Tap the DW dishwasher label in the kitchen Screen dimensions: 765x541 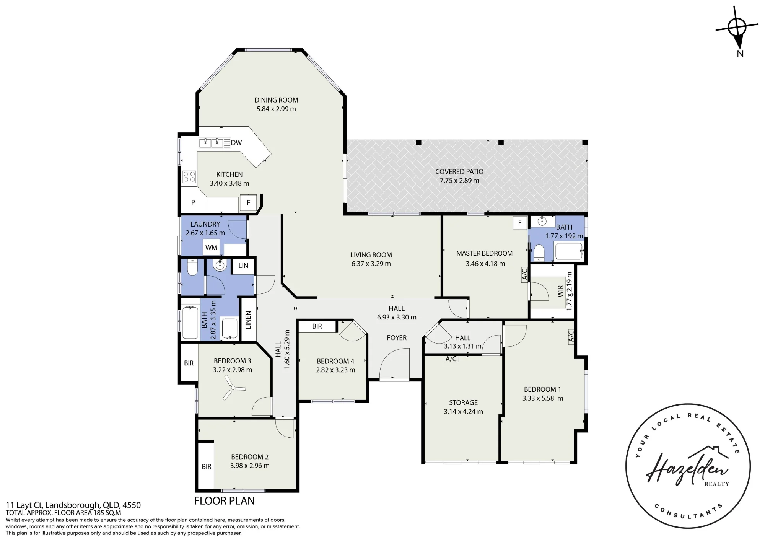tap(236, 143)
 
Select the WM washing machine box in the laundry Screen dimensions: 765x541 tap(211, 248)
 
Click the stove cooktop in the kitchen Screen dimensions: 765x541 tap(189, 176)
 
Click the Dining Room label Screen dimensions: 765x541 tap(276, 100)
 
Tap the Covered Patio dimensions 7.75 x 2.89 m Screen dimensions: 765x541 tap(459, 181)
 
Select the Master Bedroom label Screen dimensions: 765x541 tap(485, 253)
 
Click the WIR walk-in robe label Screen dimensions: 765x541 tap(560, 291)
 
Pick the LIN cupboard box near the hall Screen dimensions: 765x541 tap(243, 266)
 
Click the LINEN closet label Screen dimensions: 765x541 tap(248, 320)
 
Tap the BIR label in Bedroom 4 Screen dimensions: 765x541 tap(317, 326)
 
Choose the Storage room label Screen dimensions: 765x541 tap(463, 402)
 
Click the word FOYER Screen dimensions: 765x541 tap(397, 338)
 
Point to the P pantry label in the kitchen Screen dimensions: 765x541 tap(193, 203)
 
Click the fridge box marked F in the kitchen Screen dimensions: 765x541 tap(248, 203)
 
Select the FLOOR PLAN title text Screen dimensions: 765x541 tap(225, 501)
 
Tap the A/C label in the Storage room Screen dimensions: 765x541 tap(451, 359)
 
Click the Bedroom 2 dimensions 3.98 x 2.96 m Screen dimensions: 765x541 tap(250, 466)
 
